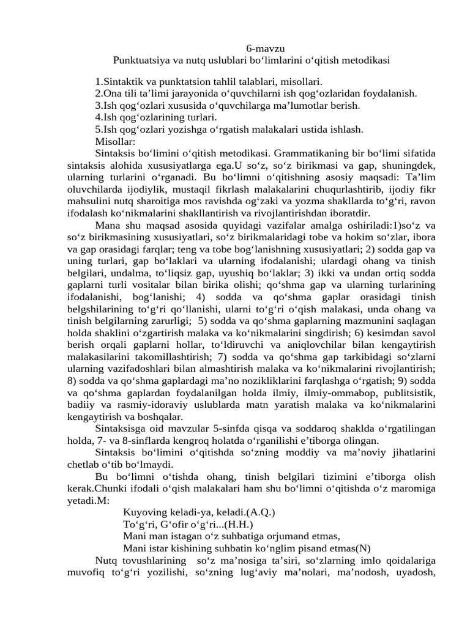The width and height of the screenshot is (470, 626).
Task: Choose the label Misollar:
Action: click(x=115, y=141)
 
